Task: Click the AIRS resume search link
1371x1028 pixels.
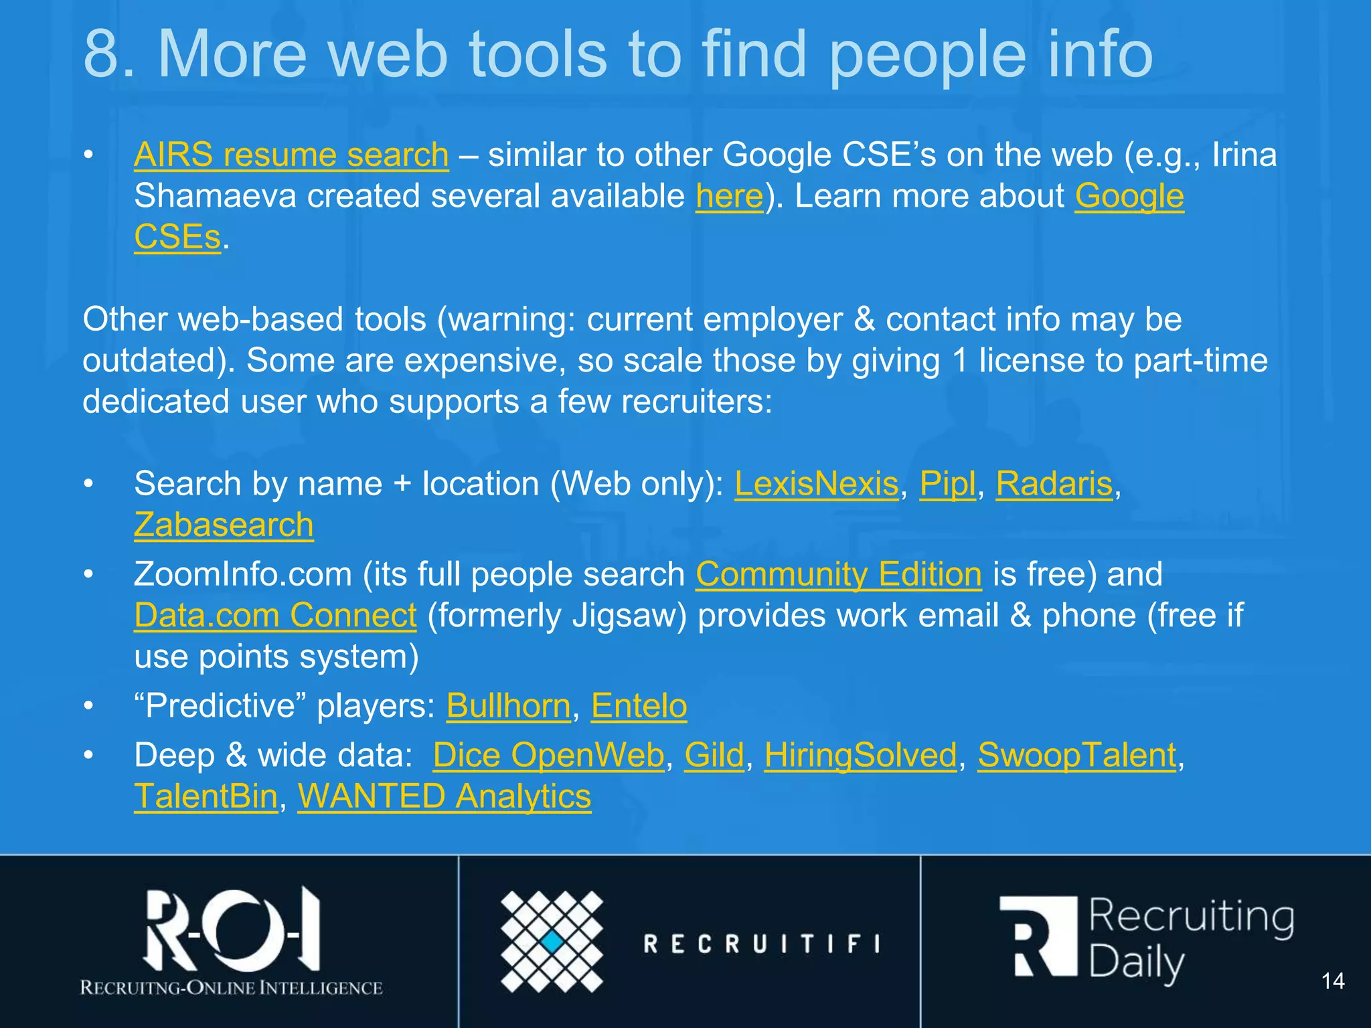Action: point(291,155)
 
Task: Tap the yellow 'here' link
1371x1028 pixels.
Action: point(729,196)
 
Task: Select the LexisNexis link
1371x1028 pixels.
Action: point(816,483)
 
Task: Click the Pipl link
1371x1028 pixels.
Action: point(947,483)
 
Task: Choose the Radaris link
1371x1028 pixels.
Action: point(1054,483)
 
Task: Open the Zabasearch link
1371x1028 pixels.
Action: point(224,525)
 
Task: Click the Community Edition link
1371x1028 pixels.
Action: point(839,574)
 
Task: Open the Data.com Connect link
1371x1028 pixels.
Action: point(275,615)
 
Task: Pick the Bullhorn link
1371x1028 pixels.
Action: point(508,705)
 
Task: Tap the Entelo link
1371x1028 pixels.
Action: point(639,705)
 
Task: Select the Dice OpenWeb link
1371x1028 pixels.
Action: point(548,755)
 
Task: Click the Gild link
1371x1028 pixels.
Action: point(714,755)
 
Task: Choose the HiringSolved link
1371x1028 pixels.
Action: point(860,755)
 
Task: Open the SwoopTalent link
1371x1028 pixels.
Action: point(1076,755)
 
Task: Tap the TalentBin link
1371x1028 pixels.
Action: point(206,796)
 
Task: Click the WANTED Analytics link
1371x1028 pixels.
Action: point(445,796)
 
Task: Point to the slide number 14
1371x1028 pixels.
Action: point(1333,981)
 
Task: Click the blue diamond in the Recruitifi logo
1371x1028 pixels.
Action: point(552,942)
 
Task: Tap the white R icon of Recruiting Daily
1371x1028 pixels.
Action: point(1038,937)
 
